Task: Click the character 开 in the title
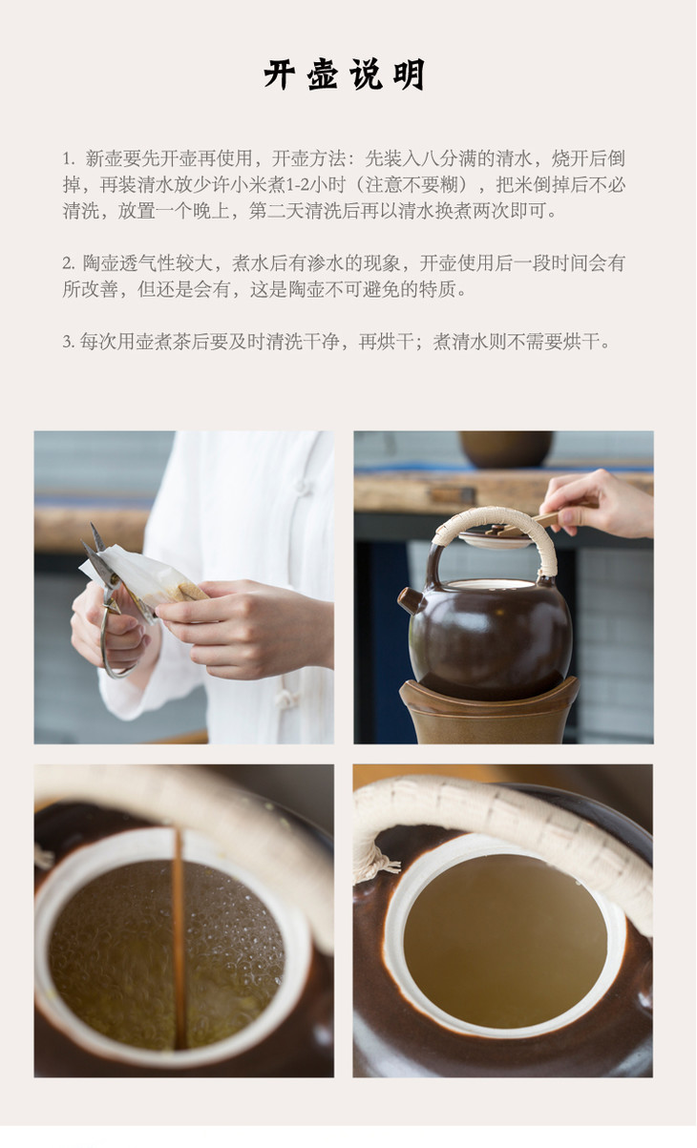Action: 280,74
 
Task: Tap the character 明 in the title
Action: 410,74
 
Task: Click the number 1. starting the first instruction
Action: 69,158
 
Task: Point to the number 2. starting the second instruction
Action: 69,264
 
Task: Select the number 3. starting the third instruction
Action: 69,342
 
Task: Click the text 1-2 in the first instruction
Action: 296,185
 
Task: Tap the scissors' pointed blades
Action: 95,548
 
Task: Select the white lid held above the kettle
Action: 495,537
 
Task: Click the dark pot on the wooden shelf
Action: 506,449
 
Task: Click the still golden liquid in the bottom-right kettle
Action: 505,943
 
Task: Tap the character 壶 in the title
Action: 323,74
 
